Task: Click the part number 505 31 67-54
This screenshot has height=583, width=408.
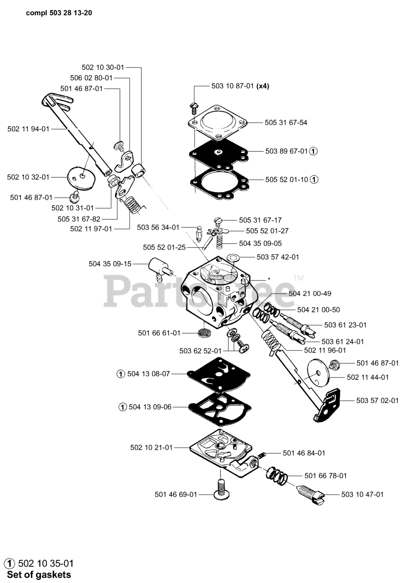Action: click(286, 123)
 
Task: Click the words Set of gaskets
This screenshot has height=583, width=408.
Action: click(39, 575)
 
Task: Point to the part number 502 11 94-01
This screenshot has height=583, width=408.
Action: click(28, 129)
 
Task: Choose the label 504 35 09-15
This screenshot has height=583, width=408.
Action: click(110, 263)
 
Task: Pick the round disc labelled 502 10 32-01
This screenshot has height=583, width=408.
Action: click(82, 177)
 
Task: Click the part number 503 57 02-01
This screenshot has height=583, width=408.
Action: click(377, 400)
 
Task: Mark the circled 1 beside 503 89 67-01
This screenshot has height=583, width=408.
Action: click(314, 151)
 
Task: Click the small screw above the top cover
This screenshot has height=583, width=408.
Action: click(193, 107)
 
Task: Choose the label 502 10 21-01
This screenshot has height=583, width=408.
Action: click(151, 448)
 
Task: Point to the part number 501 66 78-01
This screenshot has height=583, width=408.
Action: click(325, 476)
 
